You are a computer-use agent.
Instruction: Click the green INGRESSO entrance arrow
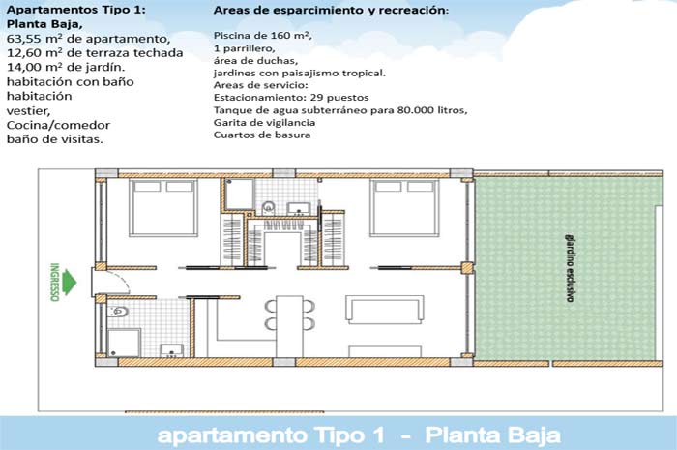point(69,283)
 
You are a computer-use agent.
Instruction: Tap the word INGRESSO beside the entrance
point(54,282)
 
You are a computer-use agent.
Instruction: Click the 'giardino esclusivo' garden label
point(570,268)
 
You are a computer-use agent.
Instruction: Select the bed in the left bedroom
point(163,208)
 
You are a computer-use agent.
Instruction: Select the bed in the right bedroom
point(404,208)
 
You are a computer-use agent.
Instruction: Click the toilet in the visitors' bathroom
point(118,312)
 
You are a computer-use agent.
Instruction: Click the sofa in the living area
point(384,310)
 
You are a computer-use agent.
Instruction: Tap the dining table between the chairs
point(289,326)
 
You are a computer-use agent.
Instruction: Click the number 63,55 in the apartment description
point(24,39)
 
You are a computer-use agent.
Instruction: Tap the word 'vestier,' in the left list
point(28,111)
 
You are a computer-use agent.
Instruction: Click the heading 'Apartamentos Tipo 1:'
point(76,10)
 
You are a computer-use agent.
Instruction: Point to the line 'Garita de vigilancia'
point(264,122)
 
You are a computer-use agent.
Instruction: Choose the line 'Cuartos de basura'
point(262,135)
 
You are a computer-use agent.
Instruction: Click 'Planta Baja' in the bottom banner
point(492,435)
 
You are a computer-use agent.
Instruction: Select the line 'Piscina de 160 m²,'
point(262,36)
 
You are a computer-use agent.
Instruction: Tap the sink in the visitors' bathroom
point(172,350)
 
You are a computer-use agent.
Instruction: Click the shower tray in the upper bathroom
point(239,195)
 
